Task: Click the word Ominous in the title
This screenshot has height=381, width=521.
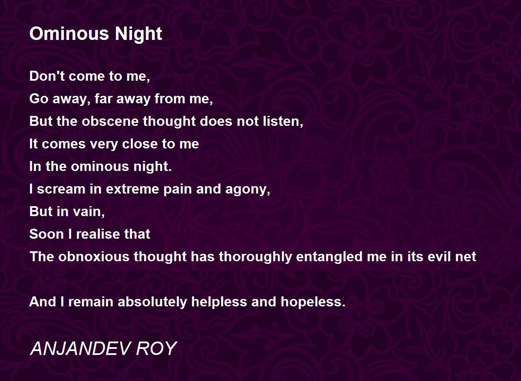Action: click(x=69, y=34)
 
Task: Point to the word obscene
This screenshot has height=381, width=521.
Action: click(x=110, y=121)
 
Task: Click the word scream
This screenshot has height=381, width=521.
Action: click(x=61, y=189)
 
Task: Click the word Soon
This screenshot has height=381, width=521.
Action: click(x=46, y=234)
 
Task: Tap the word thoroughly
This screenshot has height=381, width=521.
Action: click(x=255, y=257)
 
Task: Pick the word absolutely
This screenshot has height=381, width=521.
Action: click(x=152, y=302)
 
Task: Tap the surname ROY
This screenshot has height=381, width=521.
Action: click(x=156, y=349)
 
